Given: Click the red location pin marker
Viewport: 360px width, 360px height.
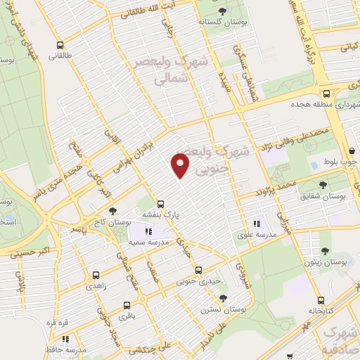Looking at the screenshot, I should [181, 165].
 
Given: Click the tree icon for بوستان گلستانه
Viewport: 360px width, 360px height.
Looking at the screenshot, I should [223, 10].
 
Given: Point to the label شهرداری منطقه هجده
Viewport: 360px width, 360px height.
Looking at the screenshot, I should [320, 105].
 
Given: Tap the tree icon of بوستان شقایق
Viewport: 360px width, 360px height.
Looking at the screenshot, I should [323, 185].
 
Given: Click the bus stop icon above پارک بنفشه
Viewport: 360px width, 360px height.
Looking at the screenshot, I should [160, 200].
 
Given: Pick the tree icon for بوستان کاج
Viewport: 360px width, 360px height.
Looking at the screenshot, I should [112, 211].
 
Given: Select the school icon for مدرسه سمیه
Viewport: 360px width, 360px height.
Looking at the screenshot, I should [148, 231].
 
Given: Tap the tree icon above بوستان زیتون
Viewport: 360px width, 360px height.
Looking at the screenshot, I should [324, 250].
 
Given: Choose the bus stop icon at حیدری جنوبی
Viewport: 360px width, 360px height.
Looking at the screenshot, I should [198, 270].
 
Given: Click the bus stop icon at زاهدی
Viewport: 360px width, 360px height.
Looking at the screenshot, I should [96, 275].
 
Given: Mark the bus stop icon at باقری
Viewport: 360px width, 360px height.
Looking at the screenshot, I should [127, 305].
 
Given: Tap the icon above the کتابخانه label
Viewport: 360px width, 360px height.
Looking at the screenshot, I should [321, 298].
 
